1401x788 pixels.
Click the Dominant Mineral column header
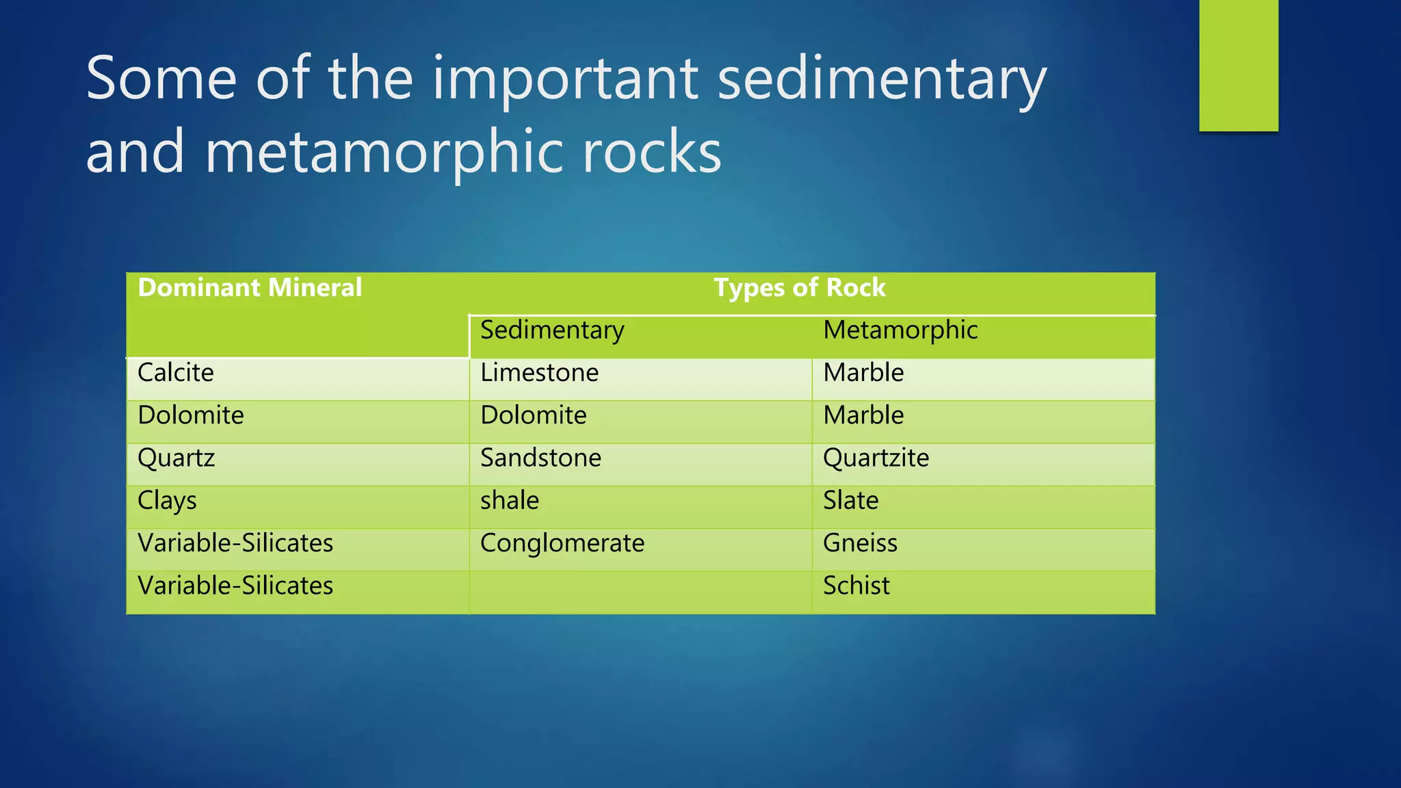click(250, 288)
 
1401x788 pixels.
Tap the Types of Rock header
click(800, 288)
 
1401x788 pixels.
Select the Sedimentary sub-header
click(552, 330)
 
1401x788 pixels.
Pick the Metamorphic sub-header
click(900, 330)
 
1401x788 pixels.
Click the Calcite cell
click(176, 373)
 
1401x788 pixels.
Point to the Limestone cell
click(539, 373)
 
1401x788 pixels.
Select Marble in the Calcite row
click(863, 373)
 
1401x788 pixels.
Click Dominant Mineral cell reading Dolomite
click(191, 415)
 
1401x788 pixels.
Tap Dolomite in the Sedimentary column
click(534, 415)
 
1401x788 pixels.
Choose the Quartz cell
click(176, 458)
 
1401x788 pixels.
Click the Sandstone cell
click(540, 458)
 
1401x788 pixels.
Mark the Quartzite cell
click(876, 458)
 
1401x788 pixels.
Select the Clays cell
click(167, 501)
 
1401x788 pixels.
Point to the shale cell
click(510, 501)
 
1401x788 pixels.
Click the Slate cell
click(850, 501)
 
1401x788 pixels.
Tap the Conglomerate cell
click(562, 543)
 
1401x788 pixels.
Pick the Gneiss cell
click(860, 543)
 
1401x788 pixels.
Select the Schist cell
click(856, 586)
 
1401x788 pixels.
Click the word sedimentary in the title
click(882, 79)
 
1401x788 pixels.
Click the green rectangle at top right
click(1238, 65)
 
